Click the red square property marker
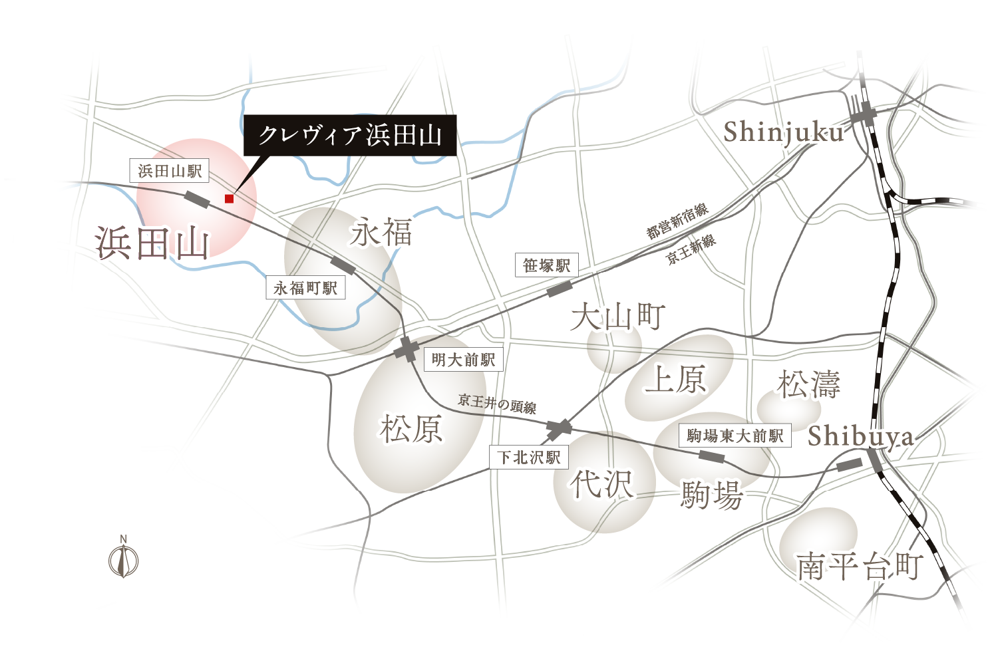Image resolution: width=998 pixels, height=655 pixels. tap(229, 198)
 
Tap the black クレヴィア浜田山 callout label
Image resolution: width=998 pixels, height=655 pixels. tap(350, 136)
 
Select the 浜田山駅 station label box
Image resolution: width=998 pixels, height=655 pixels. tap(170, 172)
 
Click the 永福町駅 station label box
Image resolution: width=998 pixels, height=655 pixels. tap(305, 288)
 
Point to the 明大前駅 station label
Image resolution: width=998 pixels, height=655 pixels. tap(463, 360)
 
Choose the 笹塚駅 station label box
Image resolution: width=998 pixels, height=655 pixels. tap(547, 265)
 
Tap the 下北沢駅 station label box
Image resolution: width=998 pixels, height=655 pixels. tap(530, 457)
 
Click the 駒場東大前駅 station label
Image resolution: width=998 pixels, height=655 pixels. tap(735, 436)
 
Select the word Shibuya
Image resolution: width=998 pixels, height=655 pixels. tap(860, 437)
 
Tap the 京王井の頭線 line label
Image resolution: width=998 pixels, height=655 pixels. tap(497, 404)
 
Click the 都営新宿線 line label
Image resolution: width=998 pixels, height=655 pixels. tap(677, 221)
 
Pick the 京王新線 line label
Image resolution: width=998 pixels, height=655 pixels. tap(691, 249)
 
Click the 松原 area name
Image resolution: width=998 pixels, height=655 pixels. tap(411, 429)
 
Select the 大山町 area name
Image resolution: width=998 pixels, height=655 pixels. tap(618, 317)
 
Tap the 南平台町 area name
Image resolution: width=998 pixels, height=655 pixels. tap(860, 567)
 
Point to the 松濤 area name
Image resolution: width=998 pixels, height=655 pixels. tap(809, 384)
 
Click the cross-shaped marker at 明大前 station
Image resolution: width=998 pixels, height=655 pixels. tap(407, 349)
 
